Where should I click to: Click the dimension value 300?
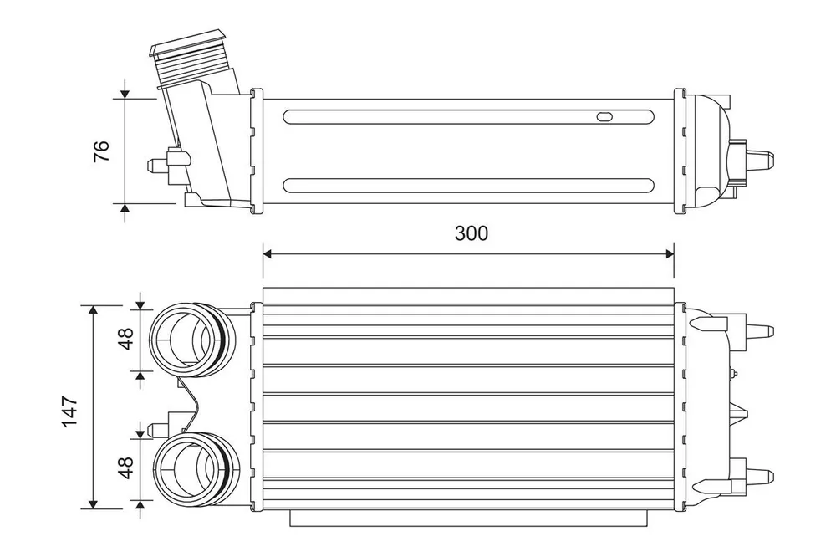click(471, 233)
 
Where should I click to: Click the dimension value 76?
click(101, 151)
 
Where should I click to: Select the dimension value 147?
click(70, 411)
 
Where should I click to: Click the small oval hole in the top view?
click(604, 117)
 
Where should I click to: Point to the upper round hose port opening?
click(184, 340)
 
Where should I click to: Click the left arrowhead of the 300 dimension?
click(268, 253)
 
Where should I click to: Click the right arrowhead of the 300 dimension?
click(669, 253)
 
